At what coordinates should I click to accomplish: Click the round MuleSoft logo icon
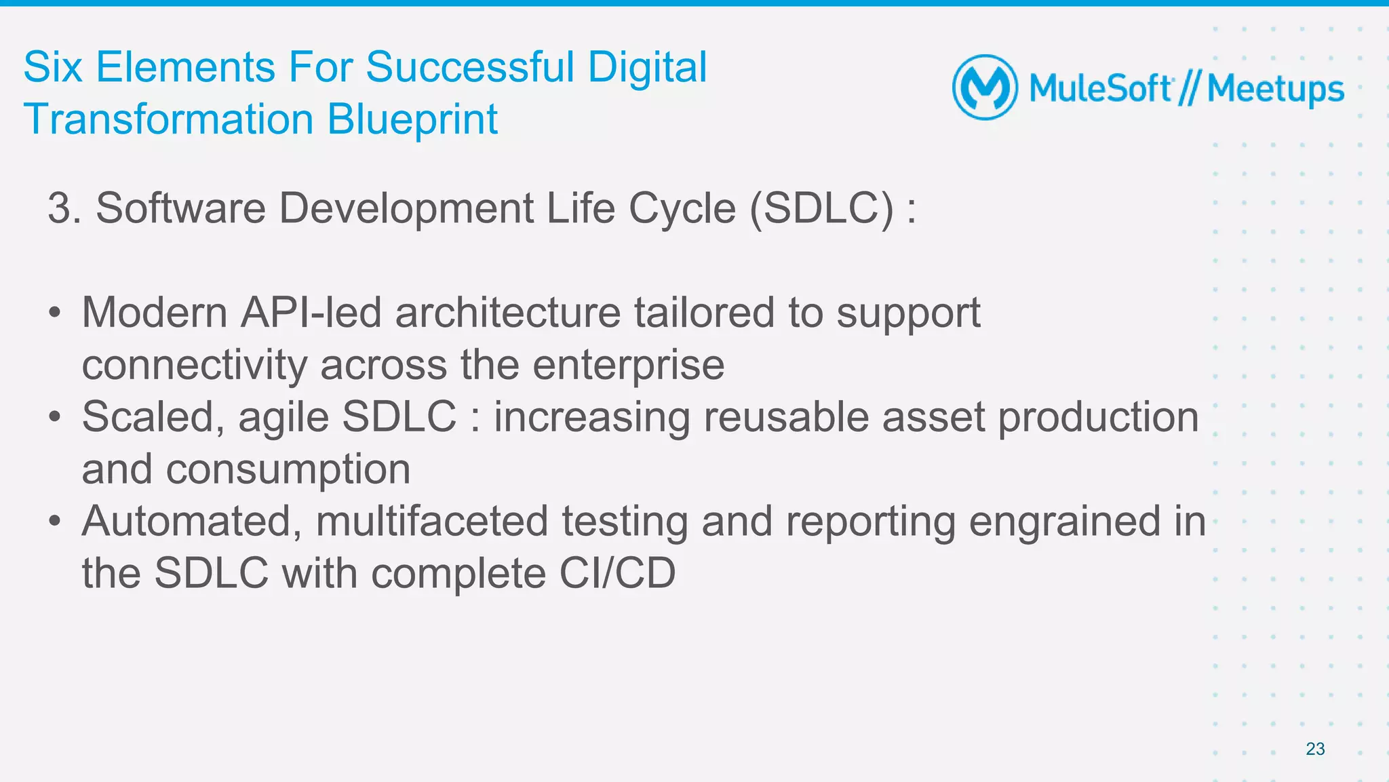coord(985,87)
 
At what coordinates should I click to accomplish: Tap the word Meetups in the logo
coord(1276,90)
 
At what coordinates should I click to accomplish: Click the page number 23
coord(1315,749)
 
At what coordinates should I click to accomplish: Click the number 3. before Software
coord(64,208)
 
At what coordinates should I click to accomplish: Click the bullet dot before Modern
coord(55,313)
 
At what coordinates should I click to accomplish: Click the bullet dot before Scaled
coord(55,417)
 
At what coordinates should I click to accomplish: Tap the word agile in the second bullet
coord(283,418)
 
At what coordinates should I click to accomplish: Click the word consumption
coord(288,469)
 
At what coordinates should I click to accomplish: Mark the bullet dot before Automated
coord(55,522)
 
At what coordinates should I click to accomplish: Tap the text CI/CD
coord(617,573)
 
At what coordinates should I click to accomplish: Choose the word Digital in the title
coord(647,67)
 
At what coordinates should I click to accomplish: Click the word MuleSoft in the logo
coord(1100,89)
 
